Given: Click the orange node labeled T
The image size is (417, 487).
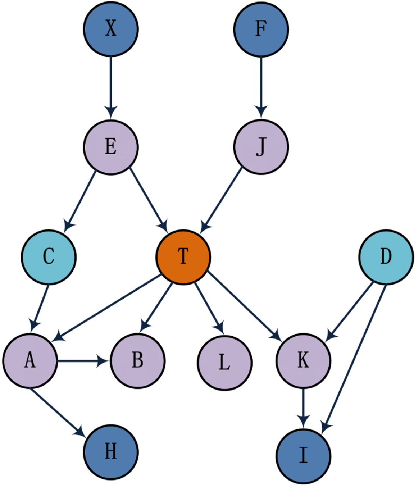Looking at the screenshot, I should coord(183,257).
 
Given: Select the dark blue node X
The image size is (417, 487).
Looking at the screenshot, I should coord(111,29).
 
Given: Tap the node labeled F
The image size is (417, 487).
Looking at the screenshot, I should coord(261,29).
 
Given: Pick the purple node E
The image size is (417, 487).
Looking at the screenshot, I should coord(111,147).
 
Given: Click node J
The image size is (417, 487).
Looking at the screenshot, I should coord(261,147).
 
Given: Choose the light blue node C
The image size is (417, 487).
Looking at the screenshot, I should coord(49,257).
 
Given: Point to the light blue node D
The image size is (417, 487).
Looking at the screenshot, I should coord(386,257).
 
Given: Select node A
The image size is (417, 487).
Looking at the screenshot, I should coord(30,360).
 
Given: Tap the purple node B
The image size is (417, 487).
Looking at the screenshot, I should coord(138,360).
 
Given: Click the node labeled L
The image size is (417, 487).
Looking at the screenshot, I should coord(224,363).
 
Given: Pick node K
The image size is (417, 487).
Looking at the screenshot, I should coord(303,360).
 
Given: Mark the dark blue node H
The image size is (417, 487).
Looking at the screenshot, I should coord(111,452).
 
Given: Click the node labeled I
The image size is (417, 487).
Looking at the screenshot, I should coord(303,456).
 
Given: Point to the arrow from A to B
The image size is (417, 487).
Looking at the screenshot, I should coord(83,361).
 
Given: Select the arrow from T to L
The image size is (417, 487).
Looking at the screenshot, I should coord(208,308).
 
